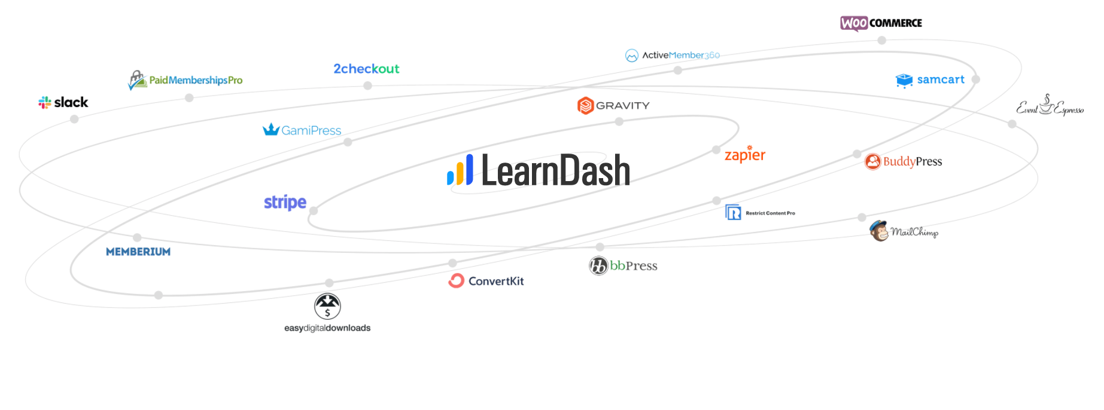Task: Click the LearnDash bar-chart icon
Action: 460,170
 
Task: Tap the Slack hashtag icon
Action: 45,103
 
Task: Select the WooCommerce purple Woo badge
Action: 854,23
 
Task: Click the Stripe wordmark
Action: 285,203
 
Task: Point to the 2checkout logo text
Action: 366,69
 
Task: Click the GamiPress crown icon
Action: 271,130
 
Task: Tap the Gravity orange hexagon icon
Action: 585,106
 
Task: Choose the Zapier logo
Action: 745,155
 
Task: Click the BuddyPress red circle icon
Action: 873,161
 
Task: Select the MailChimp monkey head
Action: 879,231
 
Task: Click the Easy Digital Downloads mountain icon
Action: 327,306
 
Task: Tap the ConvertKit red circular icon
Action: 457,281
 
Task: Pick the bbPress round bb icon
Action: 598,265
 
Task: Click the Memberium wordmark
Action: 138,252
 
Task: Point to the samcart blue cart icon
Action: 904,80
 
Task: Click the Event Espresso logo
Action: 1050,106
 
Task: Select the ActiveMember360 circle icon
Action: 632,56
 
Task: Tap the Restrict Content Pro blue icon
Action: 733,212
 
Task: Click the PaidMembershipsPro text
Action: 196,80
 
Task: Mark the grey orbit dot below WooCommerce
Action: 881,41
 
